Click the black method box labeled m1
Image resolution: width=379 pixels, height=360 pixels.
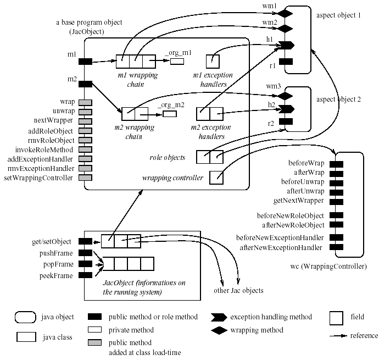click(x=85, y=61)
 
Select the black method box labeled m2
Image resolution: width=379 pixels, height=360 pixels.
click(x=85, y=84)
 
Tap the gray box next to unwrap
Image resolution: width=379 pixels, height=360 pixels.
click(x=85, y=112)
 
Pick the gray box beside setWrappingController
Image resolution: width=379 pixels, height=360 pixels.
click(x=85, y=178)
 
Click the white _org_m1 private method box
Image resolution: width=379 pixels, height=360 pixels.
click(x=177, y=60)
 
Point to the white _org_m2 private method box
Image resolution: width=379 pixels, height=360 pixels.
click(x=169, y=114)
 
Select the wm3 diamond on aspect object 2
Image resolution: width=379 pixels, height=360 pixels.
click(x=285, y=95)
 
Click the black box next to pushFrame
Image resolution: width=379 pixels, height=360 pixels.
click(x=85, y=252)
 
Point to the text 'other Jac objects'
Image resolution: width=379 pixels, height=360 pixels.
click(x=237, y=290)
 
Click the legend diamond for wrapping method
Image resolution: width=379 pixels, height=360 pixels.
click(x=219, y=330)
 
